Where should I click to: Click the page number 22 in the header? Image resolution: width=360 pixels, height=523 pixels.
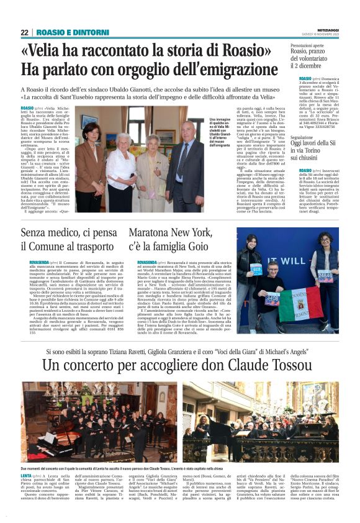(x=24, y=32)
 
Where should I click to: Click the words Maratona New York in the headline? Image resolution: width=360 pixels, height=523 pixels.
(x=166, y=234)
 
